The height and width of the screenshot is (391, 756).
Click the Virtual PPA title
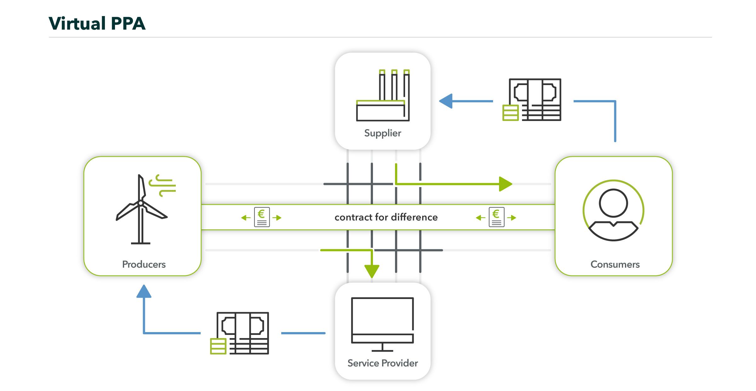tap(97, 24)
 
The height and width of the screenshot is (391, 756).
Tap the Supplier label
tap(382, 133)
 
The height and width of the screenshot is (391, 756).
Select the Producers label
tap(144, 264)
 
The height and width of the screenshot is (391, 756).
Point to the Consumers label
tap(615, 264)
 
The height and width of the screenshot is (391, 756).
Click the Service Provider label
tap(382, 363)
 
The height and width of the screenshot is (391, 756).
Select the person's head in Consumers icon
tap(613, 203)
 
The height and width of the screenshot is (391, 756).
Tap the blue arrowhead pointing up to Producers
tap(144, 292)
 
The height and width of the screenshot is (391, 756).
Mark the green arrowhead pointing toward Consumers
tap(505, 184)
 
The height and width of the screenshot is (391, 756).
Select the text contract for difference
tap(386, 217)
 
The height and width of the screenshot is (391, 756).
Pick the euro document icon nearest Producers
tap(262, 217)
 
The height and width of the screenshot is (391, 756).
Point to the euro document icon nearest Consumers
tap(496, 217)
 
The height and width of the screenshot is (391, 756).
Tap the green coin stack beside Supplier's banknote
tap(510, 113)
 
